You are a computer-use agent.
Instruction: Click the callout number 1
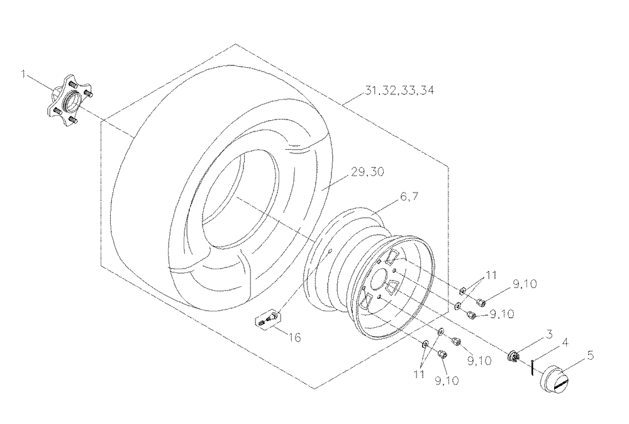[24, 75]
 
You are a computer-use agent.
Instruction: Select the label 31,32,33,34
[399, 91]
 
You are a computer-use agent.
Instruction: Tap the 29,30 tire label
[367, 172]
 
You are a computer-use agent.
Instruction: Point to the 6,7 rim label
[409, 196]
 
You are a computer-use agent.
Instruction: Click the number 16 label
[294, 338]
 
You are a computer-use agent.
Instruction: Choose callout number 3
[548, 334]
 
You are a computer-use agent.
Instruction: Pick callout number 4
[565, 343]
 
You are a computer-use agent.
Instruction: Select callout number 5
[590, 355]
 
